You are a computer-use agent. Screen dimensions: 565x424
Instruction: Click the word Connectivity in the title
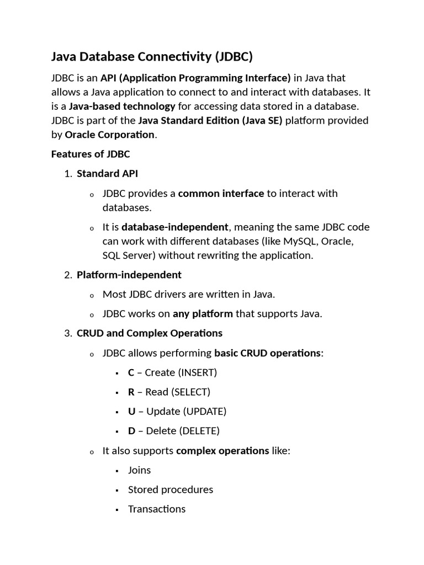[172, 57]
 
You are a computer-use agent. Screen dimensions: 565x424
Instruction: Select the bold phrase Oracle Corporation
[110, 135]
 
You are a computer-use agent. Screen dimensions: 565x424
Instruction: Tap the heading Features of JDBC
[91, 154]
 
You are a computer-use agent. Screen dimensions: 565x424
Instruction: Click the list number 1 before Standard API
[67, 174]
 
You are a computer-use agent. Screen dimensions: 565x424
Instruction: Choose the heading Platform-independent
[129, 275]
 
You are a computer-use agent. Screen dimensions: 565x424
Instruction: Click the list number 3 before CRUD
[67, 333]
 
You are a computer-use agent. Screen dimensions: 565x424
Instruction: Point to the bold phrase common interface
[221, 194]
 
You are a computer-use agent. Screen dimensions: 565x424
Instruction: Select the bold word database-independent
[174, 227]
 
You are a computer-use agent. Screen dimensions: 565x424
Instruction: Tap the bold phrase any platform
[203, 314]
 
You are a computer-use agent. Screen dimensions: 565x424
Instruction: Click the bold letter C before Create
[131, 372]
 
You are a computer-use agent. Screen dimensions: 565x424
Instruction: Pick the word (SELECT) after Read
[191, 392]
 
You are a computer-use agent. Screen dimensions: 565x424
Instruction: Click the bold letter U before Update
[131, 412]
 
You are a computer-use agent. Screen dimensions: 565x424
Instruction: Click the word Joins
[139, 470]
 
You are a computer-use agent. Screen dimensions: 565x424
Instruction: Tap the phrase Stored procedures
[170, 490]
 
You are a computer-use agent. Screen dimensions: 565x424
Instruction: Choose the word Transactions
[157, 509]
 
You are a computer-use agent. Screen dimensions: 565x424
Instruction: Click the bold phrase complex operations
[222, 451]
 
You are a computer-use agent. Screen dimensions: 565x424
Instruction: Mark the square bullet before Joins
[118, 471]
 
